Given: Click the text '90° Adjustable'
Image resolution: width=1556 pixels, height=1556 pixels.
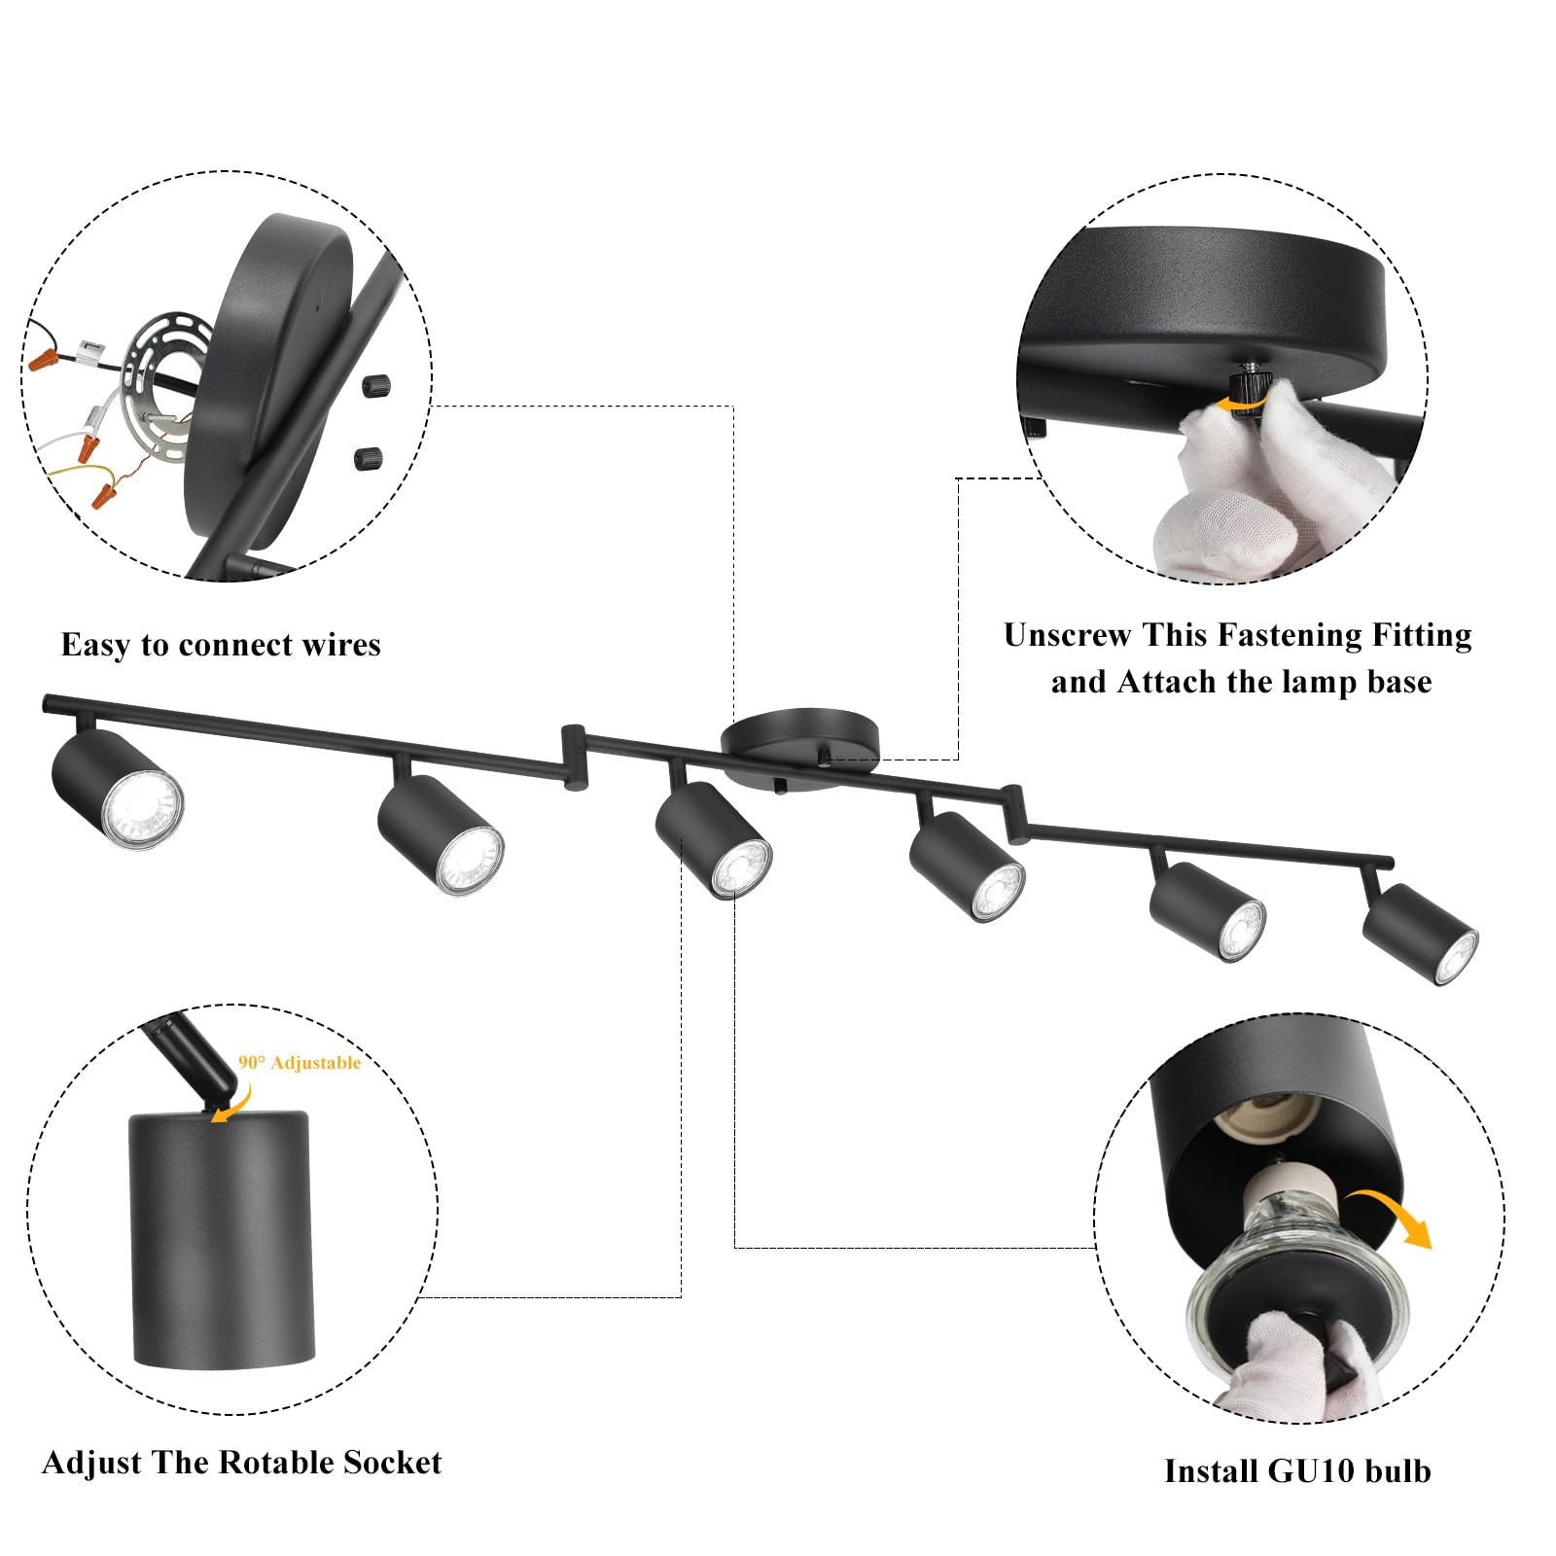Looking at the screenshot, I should [300, 1063].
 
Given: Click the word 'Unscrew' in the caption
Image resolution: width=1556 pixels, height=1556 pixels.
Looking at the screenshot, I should [1068, 635].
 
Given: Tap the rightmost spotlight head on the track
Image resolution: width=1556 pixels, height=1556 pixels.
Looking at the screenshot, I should [1421, 933].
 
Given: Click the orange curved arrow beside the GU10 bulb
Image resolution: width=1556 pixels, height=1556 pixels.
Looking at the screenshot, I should [1394, 1216].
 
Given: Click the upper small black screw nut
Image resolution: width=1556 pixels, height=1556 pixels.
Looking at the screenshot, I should [375, 386].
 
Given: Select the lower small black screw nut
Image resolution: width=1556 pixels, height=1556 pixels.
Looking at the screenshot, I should [368, 457].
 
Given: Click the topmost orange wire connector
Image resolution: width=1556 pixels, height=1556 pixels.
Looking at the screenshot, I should [42, 361].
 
